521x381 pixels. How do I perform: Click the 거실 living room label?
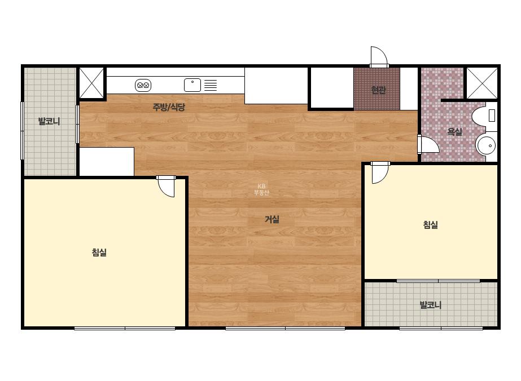[x=272, y=219]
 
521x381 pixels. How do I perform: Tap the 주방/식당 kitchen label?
[x=168, y=107]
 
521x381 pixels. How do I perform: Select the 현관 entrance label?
[x=378, y=90]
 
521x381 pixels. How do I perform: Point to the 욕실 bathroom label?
[x=454, y=131]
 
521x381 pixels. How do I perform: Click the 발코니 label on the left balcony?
[x=49, y=121]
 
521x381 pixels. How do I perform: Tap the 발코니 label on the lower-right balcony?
[x=431, y=305]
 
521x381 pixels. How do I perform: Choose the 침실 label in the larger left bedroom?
[x=99, y=252]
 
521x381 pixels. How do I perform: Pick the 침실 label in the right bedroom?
[x=430, y=225]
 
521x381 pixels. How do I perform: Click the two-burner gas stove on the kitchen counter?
[x=143, y=85]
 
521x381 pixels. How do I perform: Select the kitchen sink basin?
[x=192, y=85]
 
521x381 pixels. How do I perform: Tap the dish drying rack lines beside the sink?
[x=211, y=85]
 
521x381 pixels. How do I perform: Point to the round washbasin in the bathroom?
[x=487, y=145]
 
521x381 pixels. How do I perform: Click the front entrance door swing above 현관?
[x=379, y=57]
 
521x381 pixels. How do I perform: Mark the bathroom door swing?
[x=428, y=144]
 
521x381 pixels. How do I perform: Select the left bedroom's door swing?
[x=165, y=187]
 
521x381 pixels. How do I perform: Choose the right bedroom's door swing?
[x=380, y=172]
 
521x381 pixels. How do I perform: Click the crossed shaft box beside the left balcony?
[x=91, y=83]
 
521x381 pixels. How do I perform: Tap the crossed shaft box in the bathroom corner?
[x=482, y=83]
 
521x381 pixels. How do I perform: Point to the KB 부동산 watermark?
[x=261, y=189]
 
